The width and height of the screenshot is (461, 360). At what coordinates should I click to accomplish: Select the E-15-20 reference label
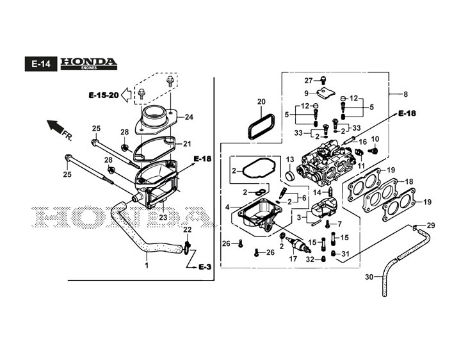click(103, 95)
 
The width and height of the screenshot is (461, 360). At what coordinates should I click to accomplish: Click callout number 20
click(261, 102)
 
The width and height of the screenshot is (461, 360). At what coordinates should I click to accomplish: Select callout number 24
click(188, 117)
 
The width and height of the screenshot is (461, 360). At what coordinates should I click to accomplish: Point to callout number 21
click(188, 143)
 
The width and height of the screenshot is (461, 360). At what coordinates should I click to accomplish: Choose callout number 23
click(163, 218)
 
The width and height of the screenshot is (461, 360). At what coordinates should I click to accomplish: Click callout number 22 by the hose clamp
click(187, 230)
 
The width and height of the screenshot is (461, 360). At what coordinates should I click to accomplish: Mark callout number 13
click(289, 160)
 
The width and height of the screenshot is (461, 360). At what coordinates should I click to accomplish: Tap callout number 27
click(308, 80)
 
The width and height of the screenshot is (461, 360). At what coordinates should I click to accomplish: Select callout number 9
click(306, 94)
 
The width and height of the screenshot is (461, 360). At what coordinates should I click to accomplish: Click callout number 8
click(405, 94)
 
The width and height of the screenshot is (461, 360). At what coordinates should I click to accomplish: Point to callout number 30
click(369, 277)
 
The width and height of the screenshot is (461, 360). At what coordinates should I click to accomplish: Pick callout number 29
click(431, 225)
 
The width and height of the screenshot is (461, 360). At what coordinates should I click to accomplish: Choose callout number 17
click(293, 259)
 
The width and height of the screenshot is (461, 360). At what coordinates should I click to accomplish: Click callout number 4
click(227, 207)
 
